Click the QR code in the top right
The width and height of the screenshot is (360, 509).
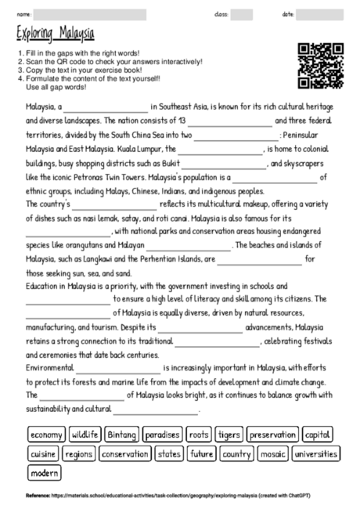point(322,66)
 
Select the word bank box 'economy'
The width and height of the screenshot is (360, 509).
point(47,435)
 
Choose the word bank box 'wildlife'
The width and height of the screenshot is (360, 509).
point(85,435)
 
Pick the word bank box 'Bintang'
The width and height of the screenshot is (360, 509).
point(122,435)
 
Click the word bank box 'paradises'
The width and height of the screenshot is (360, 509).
point(163,435)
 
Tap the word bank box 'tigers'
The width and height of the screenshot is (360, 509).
point(229,435)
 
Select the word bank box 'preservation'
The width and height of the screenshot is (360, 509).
point(273,435)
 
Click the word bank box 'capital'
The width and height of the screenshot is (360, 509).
point(318,435)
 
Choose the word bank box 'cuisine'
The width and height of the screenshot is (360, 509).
point(44,453)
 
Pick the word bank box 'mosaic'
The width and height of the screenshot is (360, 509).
point(272,453)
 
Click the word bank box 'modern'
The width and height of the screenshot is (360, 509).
point(45,473)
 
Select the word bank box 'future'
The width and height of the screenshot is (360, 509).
point(201,453)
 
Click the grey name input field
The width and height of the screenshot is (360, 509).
point(91,14)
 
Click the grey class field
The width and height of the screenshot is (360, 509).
point(241,14)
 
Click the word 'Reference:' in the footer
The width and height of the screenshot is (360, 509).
point(38,496)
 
